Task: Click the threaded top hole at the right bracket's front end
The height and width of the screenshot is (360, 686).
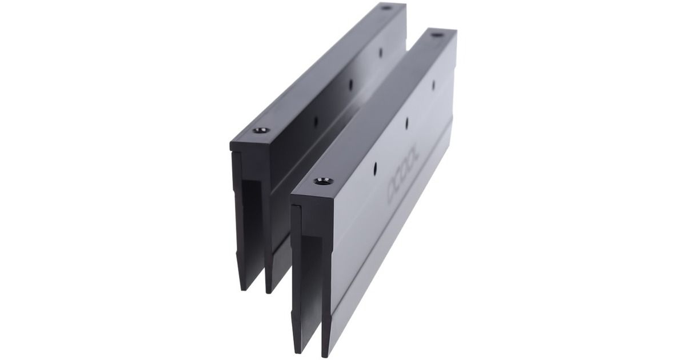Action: click(323, 181)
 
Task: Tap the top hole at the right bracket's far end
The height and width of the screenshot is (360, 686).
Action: click(437, 35)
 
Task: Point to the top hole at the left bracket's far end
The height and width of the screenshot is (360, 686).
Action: click(385, 7)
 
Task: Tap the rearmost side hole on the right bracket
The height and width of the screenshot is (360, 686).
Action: click(433, 85)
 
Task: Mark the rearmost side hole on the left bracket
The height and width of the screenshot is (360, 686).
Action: click(381, 51)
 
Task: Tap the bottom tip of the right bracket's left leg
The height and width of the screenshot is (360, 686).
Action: click(297, 350)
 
